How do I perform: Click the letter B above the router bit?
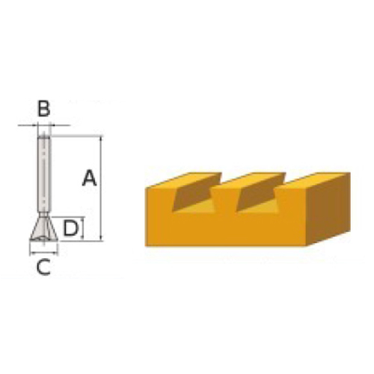coord(44,109)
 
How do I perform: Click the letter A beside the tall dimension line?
coord(89,178)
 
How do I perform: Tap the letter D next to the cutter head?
coord(71,228)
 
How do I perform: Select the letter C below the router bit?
coord(43,266)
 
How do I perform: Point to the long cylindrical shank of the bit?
coord(44,174)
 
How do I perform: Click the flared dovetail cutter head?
coord(44,228)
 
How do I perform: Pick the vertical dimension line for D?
coord(82,228)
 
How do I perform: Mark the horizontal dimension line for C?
coord(44,254)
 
